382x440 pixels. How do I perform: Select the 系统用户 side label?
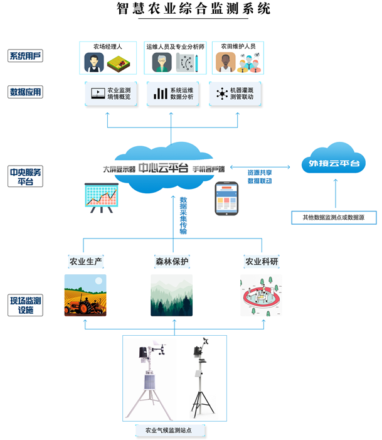pos(25,56)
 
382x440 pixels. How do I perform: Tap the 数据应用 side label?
pos(25,92)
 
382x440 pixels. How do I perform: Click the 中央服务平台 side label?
pos(25,176)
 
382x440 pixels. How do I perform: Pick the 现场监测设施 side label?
pos(25,305)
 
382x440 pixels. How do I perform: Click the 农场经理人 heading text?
pos(107,46)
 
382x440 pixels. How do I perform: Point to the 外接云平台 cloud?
pos(334,163)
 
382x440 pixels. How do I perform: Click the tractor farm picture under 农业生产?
pos(85,295)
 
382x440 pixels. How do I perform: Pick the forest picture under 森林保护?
pos(172,295)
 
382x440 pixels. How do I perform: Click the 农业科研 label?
pos(260,261)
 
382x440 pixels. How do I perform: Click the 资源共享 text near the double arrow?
pos(260,171)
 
